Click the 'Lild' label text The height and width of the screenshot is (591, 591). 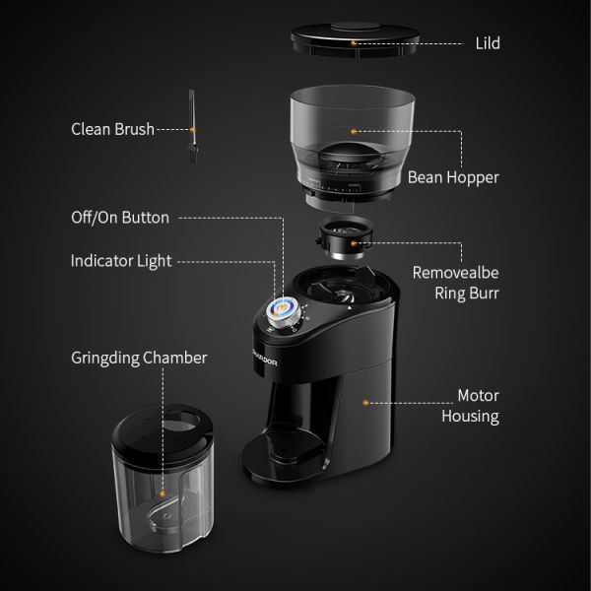pyautogui.click(x=486, y=44)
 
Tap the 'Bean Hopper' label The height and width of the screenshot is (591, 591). pyautogui.click(x=453, y=178)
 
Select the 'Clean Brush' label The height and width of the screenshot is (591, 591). pyautogui.click(x=112, y=129)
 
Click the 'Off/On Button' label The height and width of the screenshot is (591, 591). pyautogui.click(x=120, y=218)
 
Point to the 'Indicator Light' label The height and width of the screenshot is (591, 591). pyautogui.click(x=121, y=261)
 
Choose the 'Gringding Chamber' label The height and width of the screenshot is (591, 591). pyautogui.click(x=139, y=358)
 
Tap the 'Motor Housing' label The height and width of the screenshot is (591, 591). pyautogui.click(x=478, y=406)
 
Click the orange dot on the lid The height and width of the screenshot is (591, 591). pyautogui.click(x=353, y=44)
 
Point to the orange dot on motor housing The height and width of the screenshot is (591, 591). pyautogui.click(x=364, y=402)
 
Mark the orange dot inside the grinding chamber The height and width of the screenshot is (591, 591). pyautogui.click(x=161, y=486)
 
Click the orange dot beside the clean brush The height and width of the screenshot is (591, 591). pyautogui.click(x=194, y=129)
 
